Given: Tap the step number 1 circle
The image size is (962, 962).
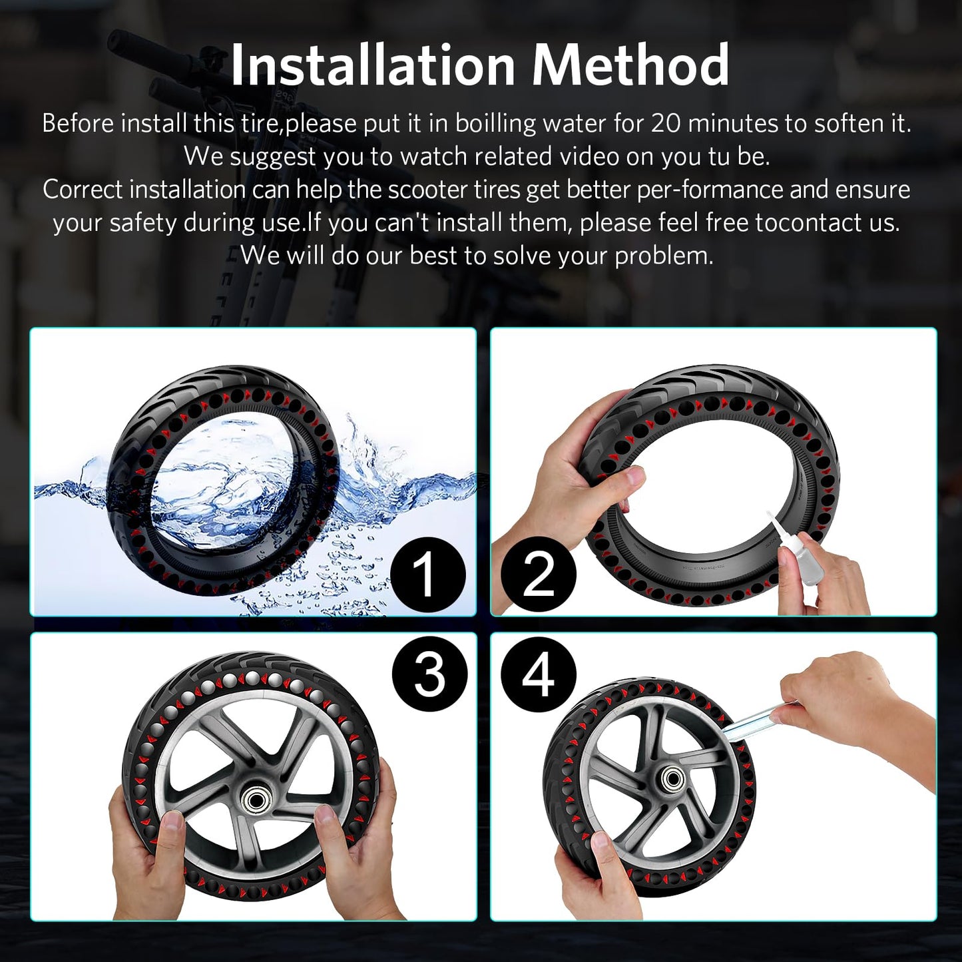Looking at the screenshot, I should (427, 574).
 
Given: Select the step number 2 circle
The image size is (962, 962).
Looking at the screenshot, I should (539, 574).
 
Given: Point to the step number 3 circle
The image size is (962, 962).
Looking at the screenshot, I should (429, 674).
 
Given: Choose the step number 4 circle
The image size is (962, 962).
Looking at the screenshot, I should (538, 674).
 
